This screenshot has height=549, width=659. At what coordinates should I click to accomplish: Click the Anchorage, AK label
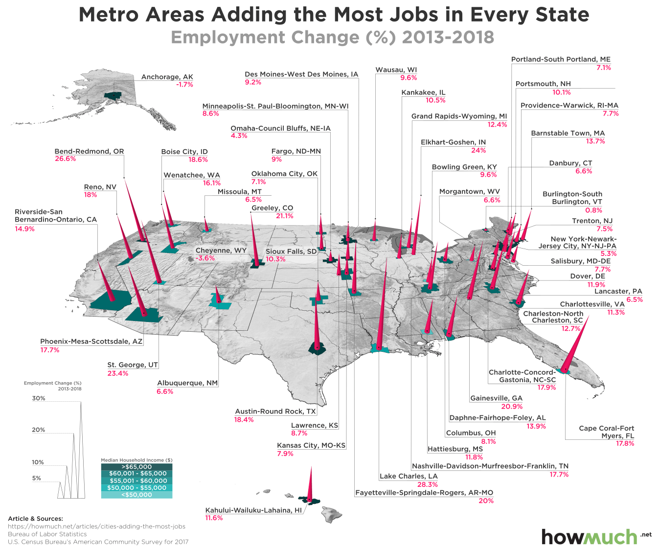(x=167, y=77)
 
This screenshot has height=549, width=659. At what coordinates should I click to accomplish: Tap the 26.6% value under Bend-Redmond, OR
(x=65, y=159)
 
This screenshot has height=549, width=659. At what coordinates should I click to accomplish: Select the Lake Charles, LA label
(x=409, y=476)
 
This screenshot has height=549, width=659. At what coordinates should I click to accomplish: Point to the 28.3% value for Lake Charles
(x=427, y=484)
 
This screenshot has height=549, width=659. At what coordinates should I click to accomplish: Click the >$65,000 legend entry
(x=136, y=467)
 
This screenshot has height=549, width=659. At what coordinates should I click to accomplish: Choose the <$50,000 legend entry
(x=136, y=495)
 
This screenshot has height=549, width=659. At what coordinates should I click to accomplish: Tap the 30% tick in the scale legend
(x=39, y=398)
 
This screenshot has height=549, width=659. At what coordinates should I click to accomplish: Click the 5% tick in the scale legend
(x=37, y=478)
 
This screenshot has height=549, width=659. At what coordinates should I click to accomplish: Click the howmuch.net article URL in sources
(x=96, y=526)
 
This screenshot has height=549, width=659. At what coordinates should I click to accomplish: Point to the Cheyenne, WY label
(x=221, y=251)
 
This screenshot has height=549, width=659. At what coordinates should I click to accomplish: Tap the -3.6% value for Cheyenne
(x=205, y=258)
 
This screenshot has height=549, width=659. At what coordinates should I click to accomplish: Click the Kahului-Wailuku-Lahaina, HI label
(x=253, y=510)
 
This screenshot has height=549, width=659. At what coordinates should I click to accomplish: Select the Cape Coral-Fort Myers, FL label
(x=606, y=432)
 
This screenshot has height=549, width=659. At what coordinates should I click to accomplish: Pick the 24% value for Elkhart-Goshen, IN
(x=478, y=150)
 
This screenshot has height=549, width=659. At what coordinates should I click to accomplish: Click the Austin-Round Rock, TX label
(x=275, y=412)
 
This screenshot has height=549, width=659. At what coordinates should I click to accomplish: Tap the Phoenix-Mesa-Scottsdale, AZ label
(x=91, y=342)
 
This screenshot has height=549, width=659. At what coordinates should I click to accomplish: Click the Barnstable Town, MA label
(x=568, y=133)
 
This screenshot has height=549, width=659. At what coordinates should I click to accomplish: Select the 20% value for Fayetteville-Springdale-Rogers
(x=486, y=501)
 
